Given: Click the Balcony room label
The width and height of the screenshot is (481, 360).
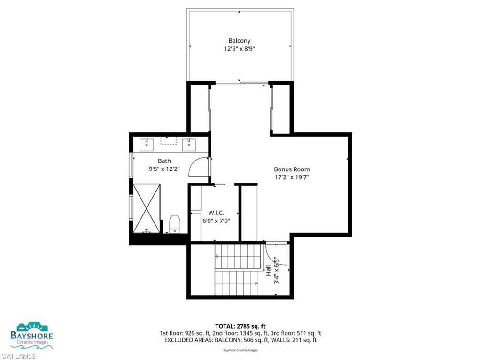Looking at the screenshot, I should coord(239,41).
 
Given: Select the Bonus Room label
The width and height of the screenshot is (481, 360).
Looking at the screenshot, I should coord(292,169).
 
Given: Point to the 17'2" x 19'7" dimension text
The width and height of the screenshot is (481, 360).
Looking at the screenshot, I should coord(292,177).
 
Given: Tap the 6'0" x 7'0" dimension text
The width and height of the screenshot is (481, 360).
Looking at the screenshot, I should coord(216,220).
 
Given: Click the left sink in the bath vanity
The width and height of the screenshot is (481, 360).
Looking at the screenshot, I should coord(148,143).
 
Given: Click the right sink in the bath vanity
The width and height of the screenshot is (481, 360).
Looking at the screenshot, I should coord(189,143).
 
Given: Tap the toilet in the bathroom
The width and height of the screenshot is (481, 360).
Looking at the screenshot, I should coord(175,223).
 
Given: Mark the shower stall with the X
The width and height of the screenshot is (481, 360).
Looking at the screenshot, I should coord(148,208).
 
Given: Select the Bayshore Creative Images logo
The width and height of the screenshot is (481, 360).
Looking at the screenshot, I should coord(32,335).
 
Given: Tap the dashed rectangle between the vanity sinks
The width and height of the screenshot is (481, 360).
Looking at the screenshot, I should coord(168,140).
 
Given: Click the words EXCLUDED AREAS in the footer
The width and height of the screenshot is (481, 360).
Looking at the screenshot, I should coord(182,339).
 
